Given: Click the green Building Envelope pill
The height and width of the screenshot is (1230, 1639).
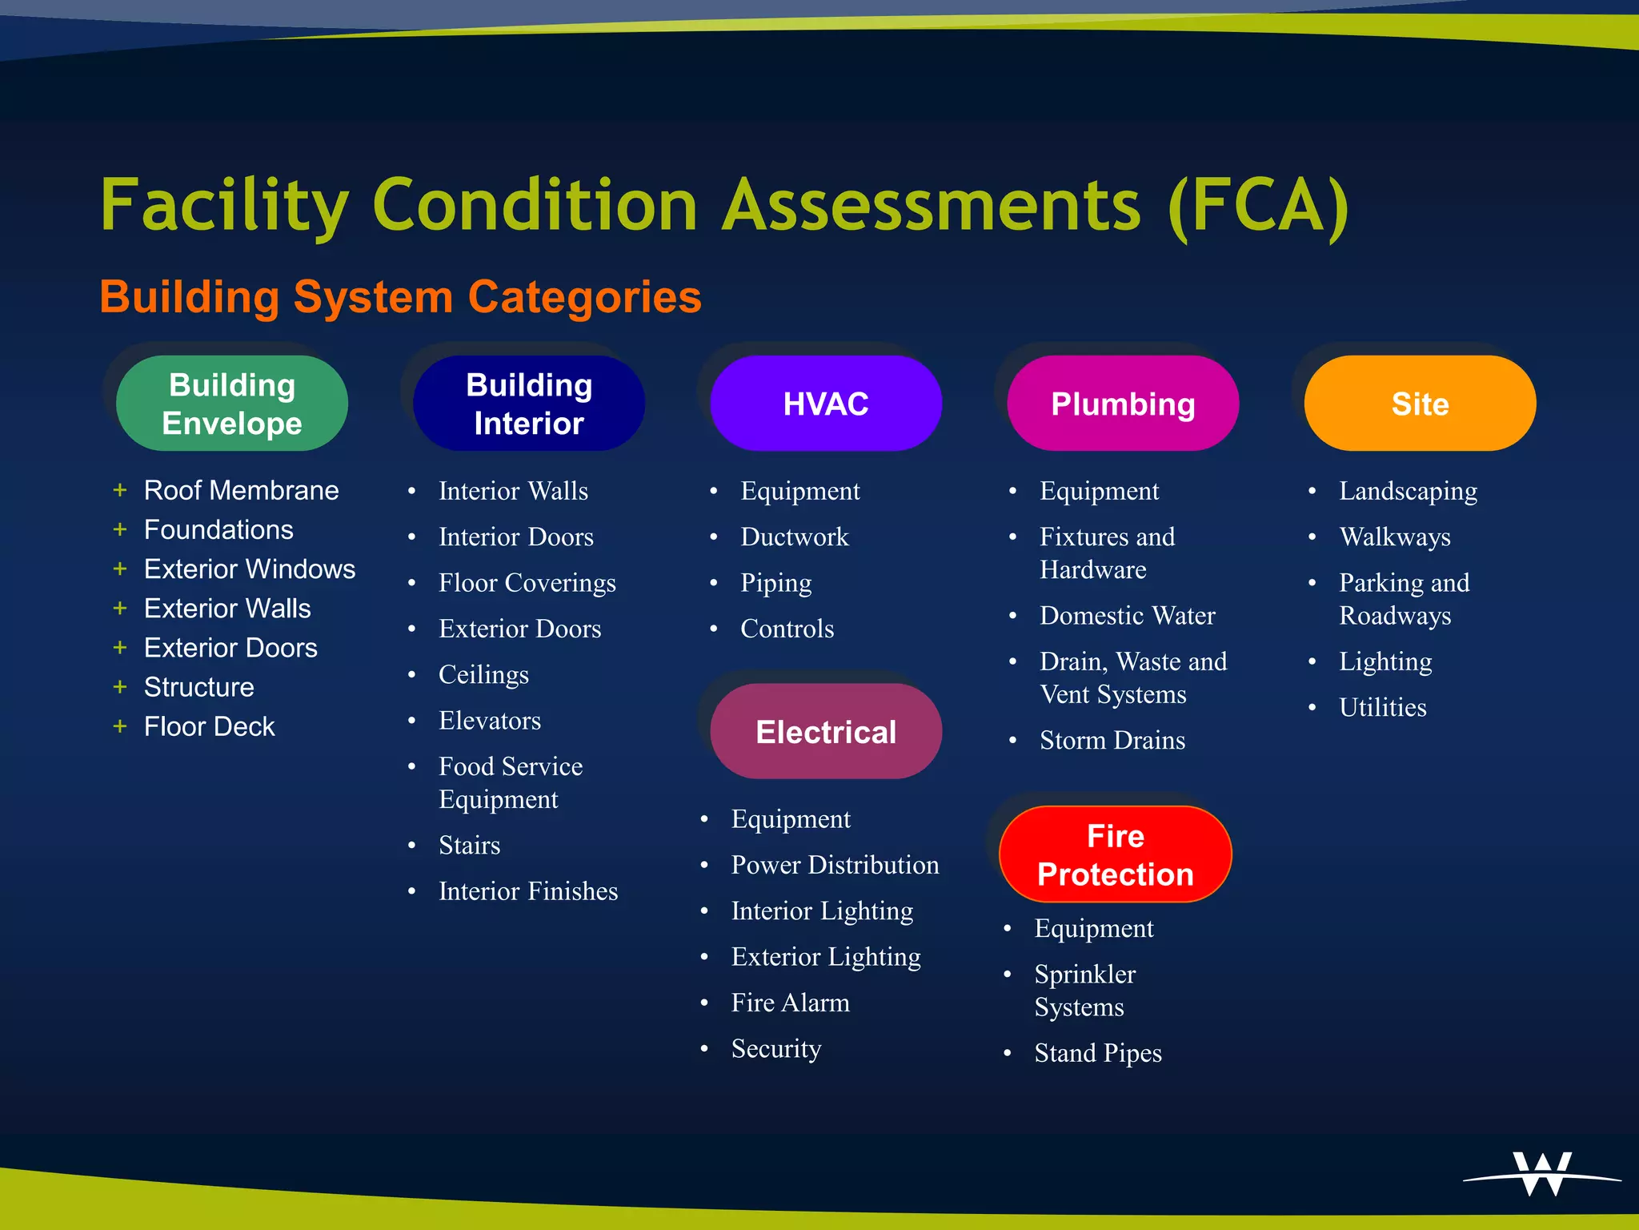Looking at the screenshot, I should [232, 404].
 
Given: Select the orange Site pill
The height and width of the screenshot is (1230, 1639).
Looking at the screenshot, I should [1420, 404].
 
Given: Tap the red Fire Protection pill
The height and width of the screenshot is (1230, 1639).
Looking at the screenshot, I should [1115, 854].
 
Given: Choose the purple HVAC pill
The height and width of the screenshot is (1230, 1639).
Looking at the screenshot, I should [826, 404].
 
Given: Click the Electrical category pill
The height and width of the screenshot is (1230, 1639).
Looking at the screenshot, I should [826, 732].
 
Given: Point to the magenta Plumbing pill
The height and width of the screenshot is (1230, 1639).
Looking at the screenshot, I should [1123, 404].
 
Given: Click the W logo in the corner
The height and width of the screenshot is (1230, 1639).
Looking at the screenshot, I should [1542, 1174].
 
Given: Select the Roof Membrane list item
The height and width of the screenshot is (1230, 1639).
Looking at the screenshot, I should [241, 490].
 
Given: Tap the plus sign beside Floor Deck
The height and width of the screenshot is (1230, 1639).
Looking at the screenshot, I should [120, 726].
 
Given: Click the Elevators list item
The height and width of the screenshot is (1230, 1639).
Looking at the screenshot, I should [490, 721].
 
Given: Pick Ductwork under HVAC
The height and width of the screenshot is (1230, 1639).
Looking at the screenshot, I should [794, 537].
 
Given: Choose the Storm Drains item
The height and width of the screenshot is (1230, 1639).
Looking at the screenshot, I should [1112, 741].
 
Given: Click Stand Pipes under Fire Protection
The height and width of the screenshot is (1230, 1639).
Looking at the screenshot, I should [1097, 1053].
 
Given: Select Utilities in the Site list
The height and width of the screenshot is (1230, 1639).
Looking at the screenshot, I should [1382, 707].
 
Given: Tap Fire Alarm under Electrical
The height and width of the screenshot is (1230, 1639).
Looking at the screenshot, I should [790, 1003].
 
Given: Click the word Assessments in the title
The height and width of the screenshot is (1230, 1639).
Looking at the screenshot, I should [932, 206].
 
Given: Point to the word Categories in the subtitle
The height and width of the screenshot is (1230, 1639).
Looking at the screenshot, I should [584, 297].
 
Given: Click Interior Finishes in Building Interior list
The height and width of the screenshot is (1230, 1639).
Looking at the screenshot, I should [528, 891].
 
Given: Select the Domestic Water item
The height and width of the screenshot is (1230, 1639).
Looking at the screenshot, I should [1127, 616].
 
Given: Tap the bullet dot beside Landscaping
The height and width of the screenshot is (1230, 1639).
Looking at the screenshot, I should [1312, 491].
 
